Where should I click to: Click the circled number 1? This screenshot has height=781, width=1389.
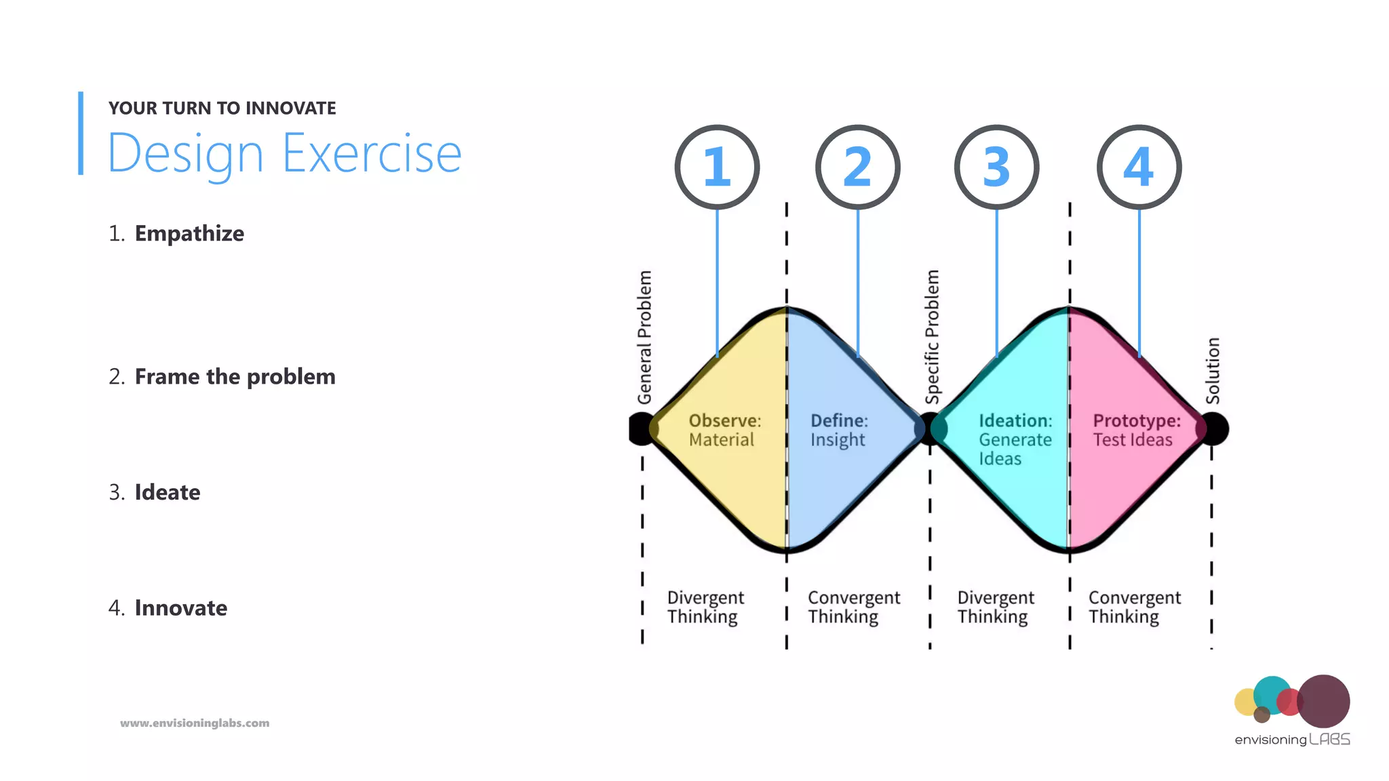[x=717, y=167]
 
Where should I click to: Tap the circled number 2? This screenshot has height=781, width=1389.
[x=857, y=167]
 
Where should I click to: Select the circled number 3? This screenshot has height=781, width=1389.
[x=996, y=167]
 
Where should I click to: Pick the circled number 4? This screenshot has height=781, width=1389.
[x=1139, y=167]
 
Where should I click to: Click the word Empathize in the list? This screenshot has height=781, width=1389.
[x=189, y=233]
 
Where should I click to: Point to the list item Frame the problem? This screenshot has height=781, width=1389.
[x=235, y=376]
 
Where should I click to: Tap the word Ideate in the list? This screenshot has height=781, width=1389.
[x=168, y=492]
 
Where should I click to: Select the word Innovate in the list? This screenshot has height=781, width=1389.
[x=181, y=608]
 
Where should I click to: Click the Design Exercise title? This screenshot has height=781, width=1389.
[x=285, y=154]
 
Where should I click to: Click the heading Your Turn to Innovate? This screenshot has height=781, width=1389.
[x=222, y=108]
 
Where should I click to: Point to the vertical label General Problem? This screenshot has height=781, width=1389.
[x=644, y=337]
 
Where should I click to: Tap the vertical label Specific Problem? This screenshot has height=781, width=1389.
[x=933, y=337]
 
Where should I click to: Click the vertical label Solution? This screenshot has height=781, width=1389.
[x=1213, y=371]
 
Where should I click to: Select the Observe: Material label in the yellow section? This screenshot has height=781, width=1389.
[x=724, y=430]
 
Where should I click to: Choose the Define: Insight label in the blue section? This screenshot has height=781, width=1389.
[x=839, y=430]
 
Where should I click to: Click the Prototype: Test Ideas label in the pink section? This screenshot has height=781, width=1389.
[x=1136, y=430]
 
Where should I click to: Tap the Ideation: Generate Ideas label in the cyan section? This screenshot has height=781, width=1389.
[x=1015, y=439]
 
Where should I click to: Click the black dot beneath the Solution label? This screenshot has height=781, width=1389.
[x=1214, y=428]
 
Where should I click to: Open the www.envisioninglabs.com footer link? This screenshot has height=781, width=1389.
[x=195, y=723]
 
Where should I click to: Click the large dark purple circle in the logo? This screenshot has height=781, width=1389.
[x=1323, y=701]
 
